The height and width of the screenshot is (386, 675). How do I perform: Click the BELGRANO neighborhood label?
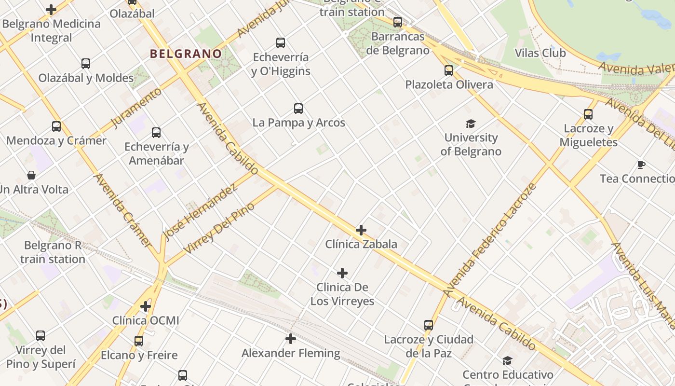pos(186,54)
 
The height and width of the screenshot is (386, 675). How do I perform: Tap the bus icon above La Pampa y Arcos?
pos(298,109)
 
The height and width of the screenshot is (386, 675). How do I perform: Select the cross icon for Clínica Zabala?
pos(361,230)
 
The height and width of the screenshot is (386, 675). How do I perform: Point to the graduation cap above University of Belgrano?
pos(471,124)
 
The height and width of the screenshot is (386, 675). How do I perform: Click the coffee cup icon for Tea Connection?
pos(641,165)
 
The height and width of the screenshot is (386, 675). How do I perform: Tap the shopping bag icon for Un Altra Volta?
pos(31,175)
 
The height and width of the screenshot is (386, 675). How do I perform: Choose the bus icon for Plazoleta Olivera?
pos(449,70)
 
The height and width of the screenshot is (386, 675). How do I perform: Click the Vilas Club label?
pos(540,53)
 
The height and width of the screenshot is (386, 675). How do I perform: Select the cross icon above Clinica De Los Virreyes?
pos(342,274)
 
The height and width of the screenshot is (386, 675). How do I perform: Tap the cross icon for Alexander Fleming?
pos(291,339)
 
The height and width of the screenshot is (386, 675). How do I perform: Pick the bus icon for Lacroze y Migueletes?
pos(588,114)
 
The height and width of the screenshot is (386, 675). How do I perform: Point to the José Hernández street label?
pos(200,213)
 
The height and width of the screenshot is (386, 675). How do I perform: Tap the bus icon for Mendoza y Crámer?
pos(56,127)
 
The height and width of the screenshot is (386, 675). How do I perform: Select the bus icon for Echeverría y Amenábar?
pos(156,133)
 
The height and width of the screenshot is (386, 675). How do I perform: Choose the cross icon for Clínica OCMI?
pos(146,306)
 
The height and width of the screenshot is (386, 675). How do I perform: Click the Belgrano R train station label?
pos(53,252)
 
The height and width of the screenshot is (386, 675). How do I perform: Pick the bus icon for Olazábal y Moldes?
pos(86,64)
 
